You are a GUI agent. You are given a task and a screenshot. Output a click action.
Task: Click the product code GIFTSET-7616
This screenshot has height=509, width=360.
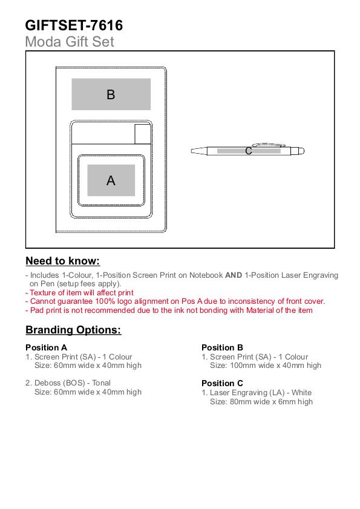74,25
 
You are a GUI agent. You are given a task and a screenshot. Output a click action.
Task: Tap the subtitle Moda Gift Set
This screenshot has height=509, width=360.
70,42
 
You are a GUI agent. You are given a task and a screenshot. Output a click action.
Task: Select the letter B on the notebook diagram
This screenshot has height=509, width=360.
111,94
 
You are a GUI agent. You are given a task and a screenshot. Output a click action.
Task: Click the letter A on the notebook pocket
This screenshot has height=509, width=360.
111,180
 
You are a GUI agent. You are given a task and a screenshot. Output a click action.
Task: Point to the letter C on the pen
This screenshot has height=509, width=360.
249,151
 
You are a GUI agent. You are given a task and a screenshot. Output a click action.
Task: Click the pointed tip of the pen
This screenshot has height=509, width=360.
192,151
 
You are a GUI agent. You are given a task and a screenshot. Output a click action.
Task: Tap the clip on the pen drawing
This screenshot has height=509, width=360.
269,145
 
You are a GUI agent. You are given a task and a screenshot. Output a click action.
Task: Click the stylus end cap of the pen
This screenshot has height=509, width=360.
301,151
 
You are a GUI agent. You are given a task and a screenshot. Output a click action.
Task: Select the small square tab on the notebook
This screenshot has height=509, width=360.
143,134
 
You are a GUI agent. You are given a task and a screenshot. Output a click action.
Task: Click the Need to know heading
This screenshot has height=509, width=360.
63,261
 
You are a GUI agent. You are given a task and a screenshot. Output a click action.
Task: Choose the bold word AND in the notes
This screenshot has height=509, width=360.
234,275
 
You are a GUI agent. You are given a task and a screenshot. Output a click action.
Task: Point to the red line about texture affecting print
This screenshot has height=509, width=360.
79,293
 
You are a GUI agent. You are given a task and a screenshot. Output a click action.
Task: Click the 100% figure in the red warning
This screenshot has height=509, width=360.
105,301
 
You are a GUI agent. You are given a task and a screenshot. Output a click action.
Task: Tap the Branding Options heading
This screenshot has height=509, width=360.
73,330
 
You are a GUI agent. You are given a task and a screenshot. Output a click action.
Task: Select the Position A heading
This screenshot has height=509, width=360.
47,347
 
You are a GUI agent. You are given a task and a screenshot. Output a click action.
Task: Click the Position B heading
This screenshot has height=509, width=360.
223,347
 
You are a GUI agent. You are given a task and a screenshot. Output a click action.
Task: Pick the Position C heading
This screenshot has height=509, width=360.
223,383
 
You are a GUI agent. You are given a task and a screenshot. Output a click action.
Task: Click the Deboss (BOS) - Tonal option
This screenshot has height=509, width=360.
68,383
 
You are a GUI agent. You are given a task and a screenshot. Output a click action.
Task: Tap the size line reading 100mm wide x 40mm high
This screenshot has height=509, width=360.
266,366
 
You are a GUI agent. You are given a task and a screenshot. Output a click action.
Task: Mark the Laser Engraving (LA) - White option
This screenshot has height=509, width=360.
257,393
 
